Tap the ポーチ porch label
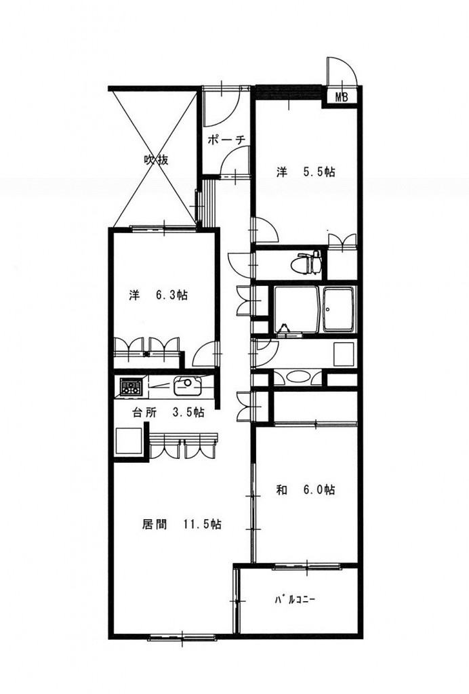pyautogui.click(x=226, y=140)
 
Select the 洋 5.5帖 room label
pyautogui.click(x=305, y=172)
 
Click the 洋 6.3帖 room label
pyautogui.click(x=159, y=295)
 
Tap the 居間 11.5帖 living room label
pyautogui.click(x=181, y=524)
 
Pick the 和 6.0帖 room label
pyautogui.click(x=305, y=489)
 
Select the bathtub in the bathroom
pyautogui.click(x=340, y=309)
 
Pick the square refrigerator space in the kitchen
pyautogui.click(x=129, y=442)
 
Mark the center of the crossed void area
pyautogui.click(x=155, y=157)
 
